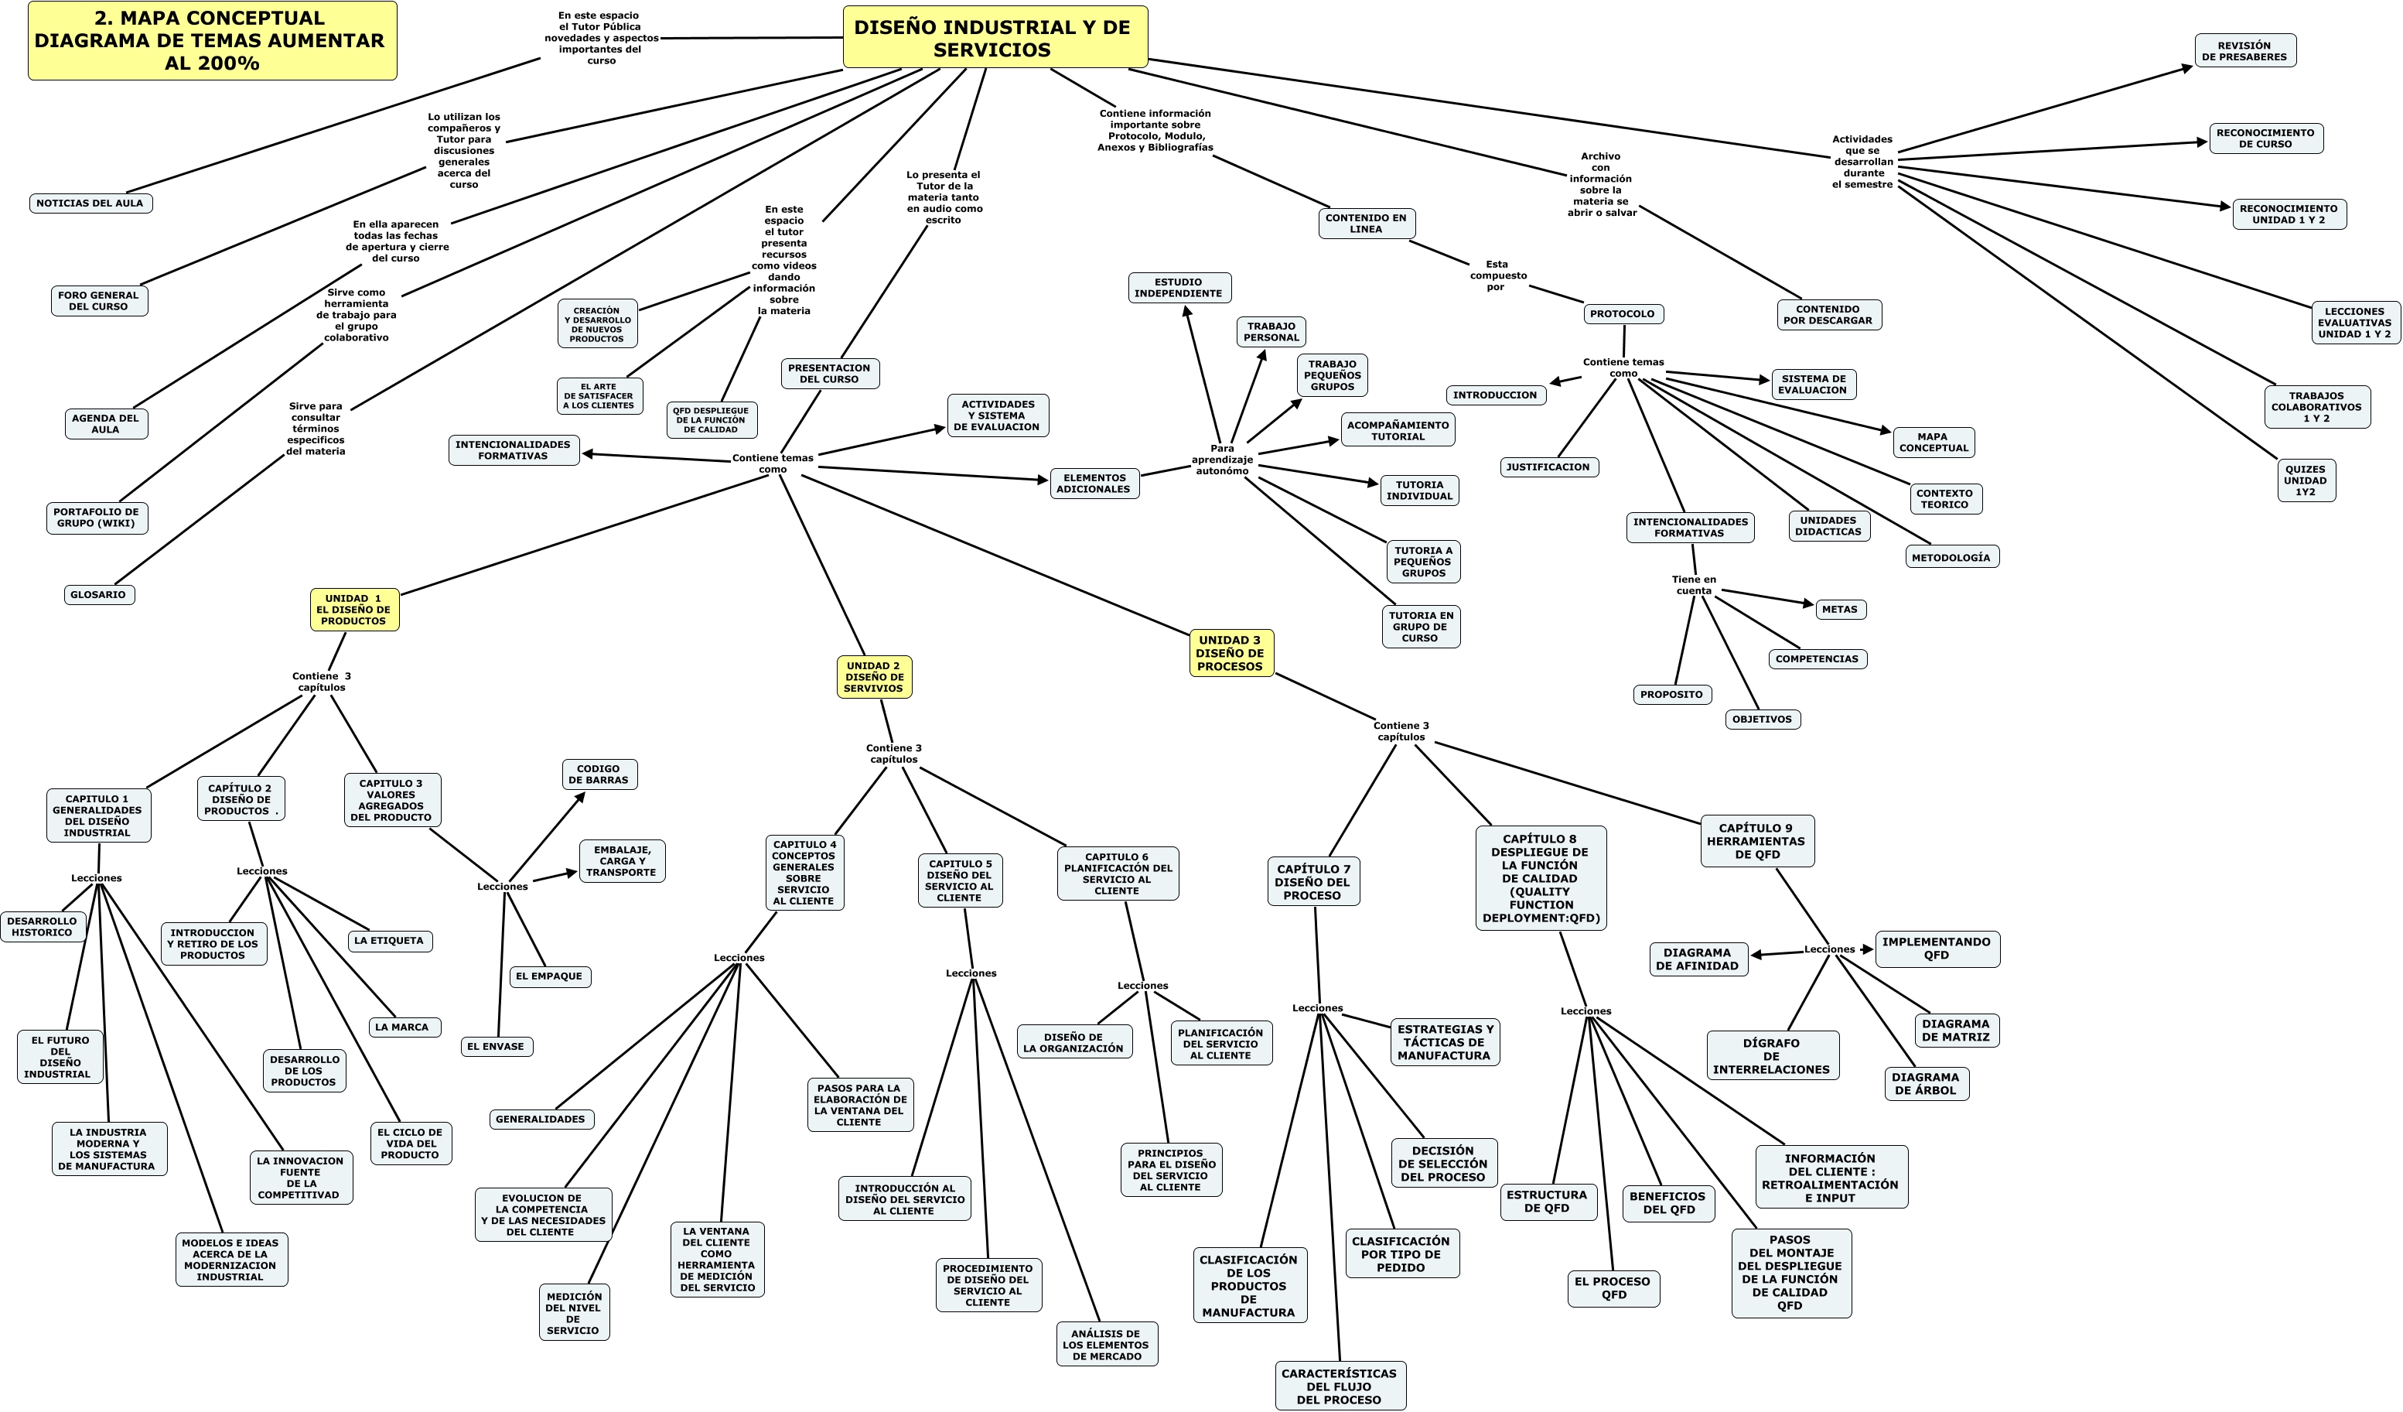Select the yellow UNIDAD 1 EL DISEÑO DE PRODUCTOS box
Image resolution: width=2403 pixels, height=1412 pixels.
coord(353,610)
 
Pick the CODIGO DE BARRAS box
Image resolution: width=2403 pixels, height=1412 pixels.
coord(599,774)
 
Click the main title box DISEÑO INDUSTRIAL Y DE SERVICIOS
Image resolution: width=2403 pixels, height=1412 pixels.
coord(994,38)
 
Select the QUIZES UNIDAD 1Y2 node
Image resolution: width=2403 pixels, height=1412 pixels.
coord(2305,480)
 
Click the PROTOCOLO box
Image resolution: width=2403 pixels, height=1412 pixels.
coord(1623,314)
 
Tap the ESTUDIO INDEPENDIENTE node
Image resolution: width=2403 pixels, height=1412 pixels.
coord(1179,288)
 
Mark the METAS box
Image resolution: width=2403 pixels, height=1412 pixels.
coord(1839,610)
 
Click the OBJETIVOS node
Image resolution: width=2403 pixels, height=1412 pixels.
coord(1762,720)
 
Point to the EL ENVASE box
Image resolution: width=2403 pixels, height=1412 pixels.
coord(496,1047)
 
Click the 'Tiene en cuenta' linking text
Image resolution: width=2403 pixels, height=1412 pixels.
coord(1694,585)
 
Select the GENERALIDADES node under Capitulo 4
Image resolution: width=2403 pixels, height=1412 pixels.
coord(541,1119)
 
